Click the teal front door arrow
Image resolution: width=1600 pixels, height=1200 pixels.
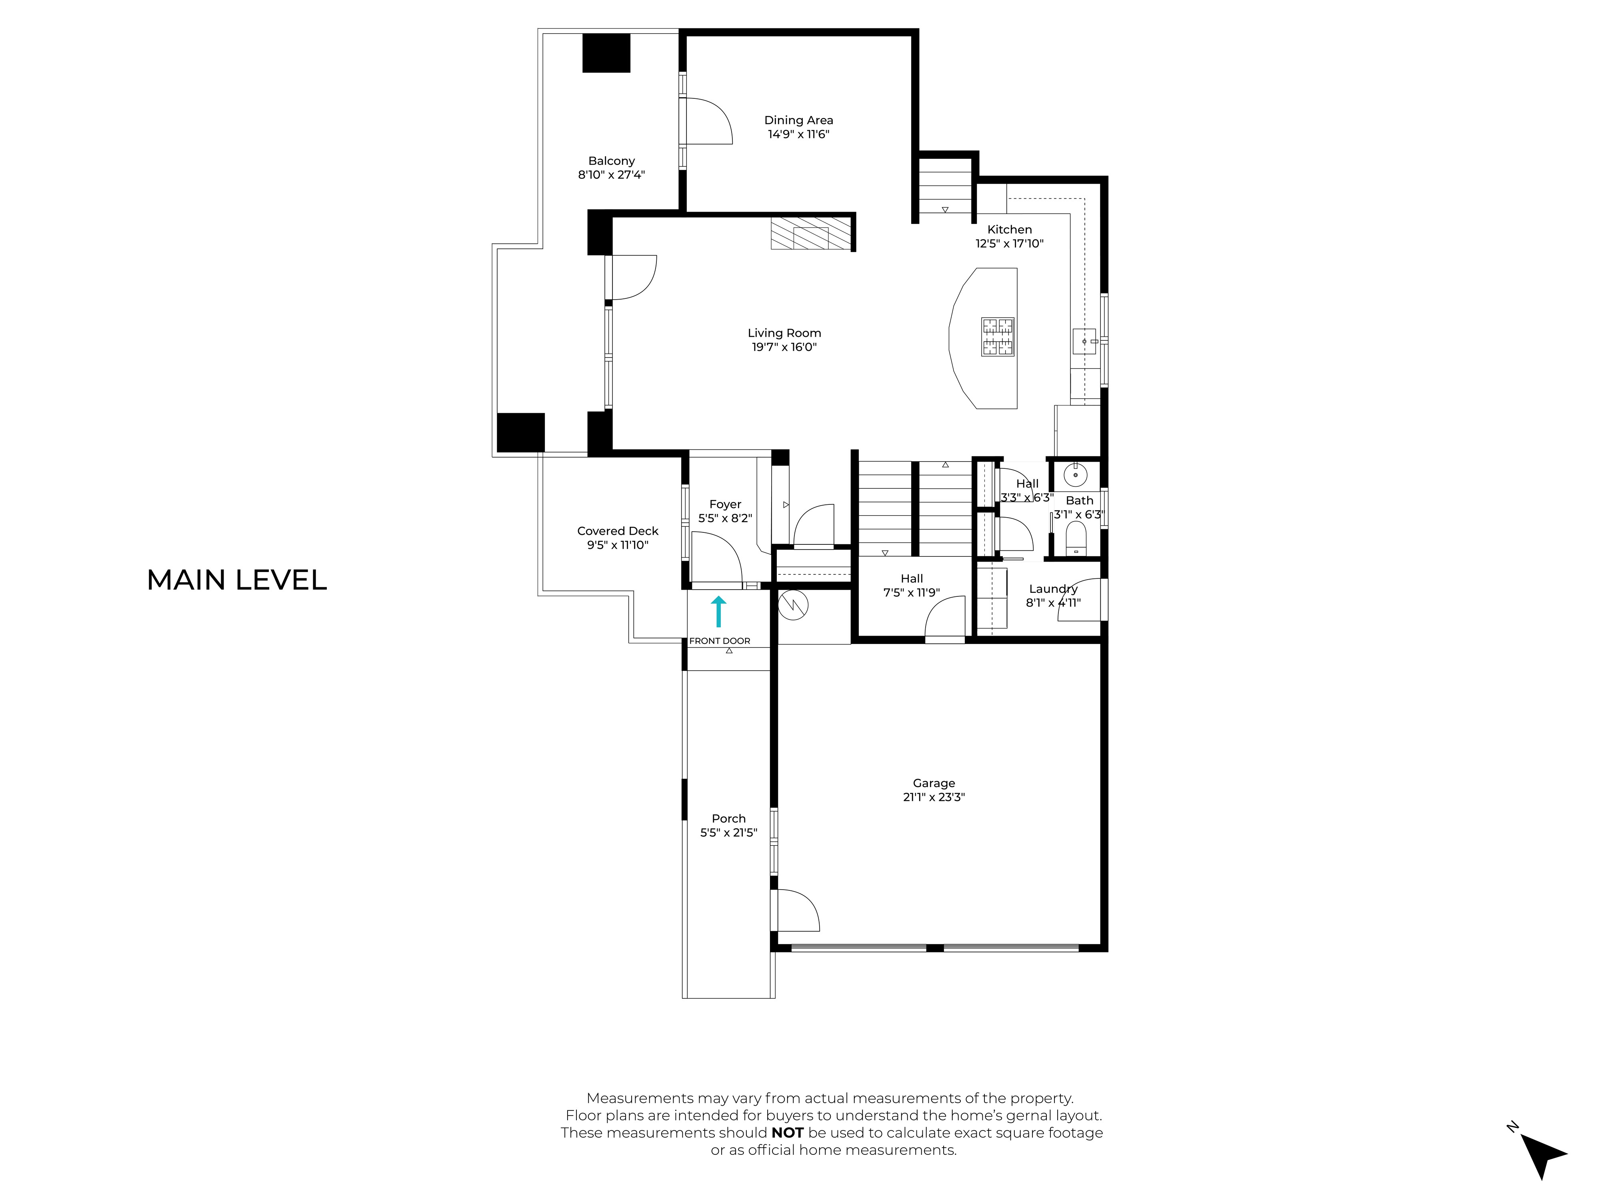[x=718, y=611]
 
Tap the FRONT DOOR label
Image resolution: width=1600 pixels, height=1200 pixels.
[x=720, y=641]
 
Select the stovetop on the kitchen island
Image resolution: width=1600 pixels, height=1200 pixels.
[x=998, y=337]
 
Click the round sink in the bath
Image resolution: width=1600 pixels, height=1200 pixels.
[x=1076, y=475]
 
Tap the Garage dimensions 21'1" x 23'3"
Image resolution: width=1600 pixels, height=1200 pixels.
[x=934, y=797]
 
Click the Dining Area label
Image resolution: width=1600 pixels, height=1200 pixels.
[x=798, y=120]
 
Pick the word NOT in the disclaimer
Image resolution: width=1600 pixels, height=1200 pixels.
[x=787, y=1133]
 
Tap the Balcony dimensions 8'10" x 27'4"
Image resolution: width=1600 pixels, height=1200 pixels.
[x=611, y=174]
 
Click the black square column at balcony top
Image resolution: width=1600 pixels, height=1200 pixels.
[x=606, y=53]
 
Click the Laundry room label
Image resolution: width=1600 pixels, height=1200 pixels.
[x=1053, y=589]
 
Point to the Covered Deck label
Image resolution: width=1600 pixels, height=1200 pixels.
[x=618, y=531]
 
